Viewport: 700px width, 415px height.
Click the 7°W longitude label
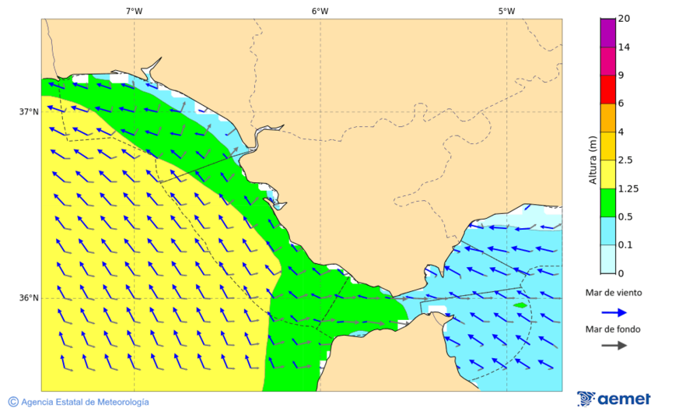[134, 11]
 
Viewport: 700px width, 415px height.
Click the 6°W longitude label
[320, 11]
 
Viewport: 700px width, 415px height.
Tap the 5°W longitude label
[506, 11]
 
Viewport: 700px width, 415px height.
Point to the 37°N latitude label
[29, 111]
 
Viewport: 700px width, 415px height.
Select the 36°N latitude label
[29, 298]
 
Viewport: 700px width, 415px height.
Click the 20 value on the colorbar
[624, 19]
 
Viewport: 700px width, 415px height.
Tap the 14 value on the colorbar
[624, 47]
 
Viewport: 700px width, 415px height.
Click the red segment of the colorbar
[608, 89]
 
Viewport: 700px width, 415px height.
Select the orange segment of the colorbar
[608, 118]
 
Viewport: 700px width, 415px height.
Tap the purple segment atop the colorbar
[608, 33]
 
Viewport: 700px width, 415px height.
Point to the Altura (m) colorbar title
[593, 160]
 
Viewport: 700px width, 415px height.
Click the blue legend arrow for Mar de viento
[614, 312]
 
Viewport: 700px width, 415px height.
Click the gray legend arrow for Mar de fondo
[614, 345]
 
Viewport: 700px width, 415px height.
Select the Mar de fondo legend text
[614, 329]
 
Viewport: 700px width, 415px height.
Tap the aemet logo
[614, 399]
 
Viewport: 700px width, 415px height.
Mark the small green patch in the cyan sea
[520, 305]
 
